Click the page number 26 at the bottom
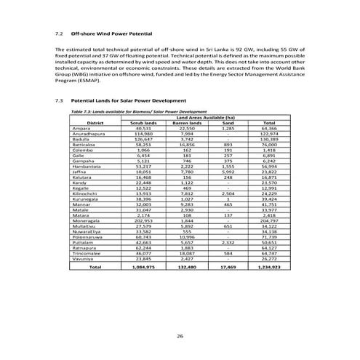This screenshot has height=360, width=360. click(x=180, y=335)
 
